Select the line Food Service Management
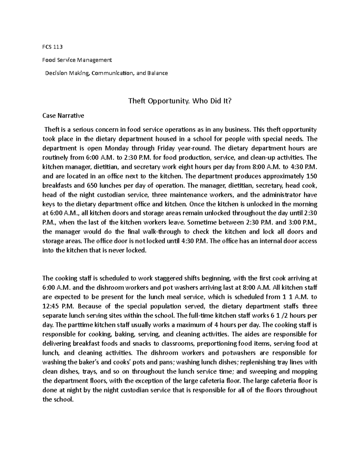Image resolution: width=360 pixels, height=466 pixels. point(77,60)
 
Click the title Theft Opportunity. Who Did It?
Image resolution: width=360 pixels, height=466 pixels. point(180,101)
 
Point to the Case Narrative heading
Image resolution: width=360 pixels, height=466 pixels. point(63,116)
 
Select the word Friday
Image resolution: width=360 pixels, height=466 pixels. point(165,148)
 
